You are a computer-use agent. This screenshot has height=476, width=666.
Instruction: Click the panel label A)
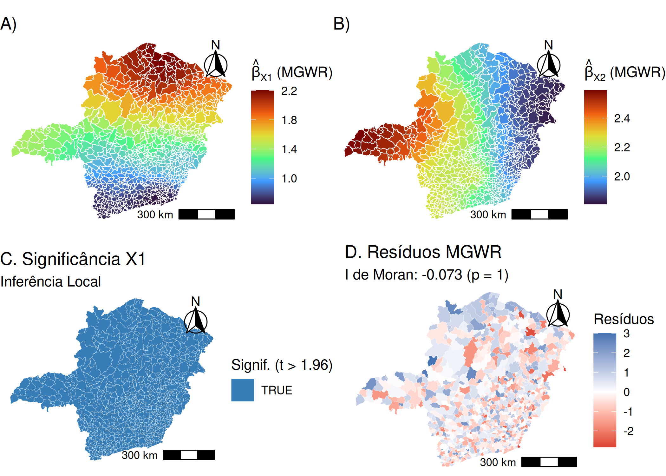pos(9,24)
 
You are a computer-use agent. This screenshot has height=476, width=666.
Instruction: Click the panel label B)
pos(342,24)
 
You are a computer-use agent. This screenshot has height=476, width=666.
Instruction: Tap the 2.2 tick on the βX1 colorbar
pos(289,91)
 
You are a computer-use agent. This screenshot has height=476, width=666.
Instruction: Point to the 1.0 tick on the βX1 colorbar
pos(289,179)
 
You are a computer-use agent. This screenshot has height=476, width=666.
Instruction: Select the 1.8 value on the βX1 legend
pos(289,120)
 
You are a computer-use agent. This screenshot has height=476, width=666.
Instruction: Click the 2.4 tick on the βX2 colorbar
pos(622,119)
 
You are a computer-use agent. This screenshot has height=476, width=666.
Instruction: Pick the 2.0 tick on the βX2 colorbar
pos(622,177)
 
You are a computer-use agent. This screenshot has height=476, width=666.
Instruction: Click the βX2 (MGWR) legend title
pos(624,72)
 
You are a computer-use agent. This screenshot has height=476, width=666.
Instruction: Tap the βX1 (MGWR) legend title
pos(292,72)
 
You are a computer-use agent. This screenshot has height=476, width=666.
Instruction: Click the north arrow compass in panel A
pos(216,63)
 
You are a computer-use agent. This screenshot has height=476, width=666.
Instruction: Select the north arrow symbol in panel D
pos(558,313)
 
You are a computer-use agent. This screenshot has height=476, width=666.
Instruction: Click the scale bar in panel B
pos(539,215)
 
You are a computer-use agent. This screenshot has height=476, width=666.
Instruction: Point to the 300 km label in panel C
pos(140,455)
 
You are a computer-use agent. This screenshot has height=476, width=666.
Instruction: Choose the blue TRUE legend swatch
pos(243,390)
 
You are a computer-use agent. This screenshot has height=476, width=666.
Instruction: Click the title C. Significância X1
pos(73,259)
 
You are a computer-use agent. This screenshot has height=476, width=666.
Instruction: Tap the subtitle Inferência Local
pos(51,282)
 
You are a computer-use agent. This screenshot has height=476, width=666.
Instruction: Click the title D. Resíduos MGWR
pos(423,252)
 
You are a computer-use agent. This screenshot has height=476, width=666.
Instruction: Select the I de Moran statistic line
pos(427,275)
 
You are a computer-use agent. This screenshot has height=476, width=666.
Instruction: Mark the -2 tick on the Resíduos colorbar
pos(628,431)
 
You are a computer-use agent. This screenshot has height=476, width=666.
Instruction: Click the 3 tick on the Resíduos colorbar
pos(626,334)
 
